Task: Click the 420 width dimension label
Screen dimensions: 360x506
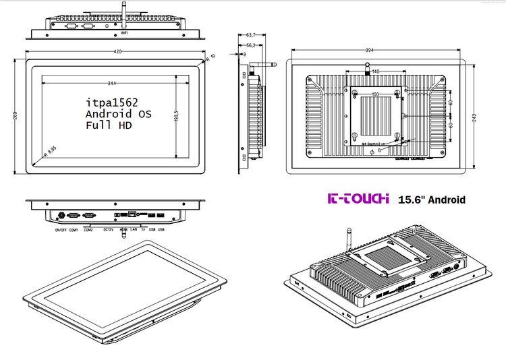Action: [117, 51]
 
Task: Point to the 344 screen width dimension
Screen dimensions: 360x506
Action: [111, 83]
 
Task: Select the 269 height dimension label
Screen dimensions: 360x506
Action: [16, 115]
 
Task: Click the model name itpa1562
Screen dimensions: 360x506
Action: [111, 102]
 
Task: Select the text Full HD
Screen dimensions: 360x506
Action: [108, 125]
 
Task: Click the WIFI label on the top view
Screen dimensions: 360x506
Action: [124, 32]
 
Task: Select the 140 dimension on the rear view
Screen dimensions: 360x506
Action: [375, 71]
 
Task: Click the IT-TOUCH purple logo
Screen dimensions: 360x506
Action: [358, 199]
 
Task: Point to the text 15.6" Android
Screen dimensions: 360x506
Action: [432, 200]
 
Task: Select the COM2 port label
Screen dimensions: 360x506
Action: [88, 230]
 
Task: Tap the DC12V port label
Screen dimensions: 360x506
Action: [109, 230]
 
